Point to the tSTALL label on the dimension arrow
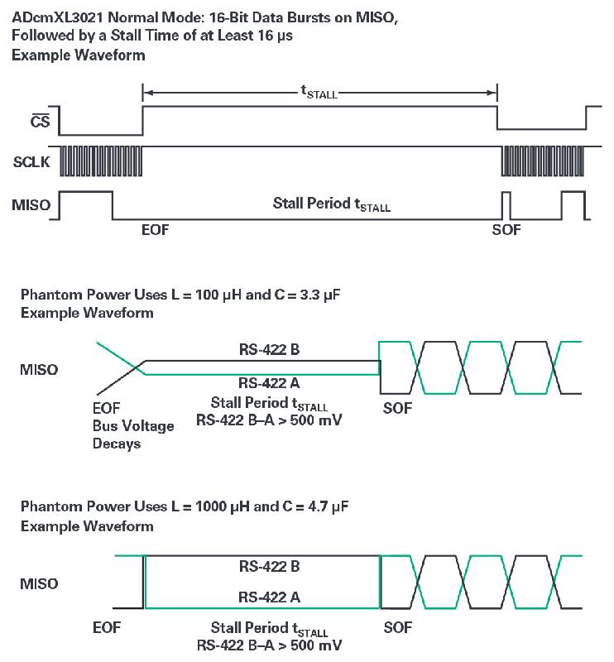point(319,94)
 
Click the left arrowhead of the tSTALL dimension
point(148,93)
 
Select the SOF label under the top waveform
point(506,229)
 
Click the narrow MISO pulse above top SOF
point(506,204)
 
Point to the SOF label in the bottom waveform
point(399,629)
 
